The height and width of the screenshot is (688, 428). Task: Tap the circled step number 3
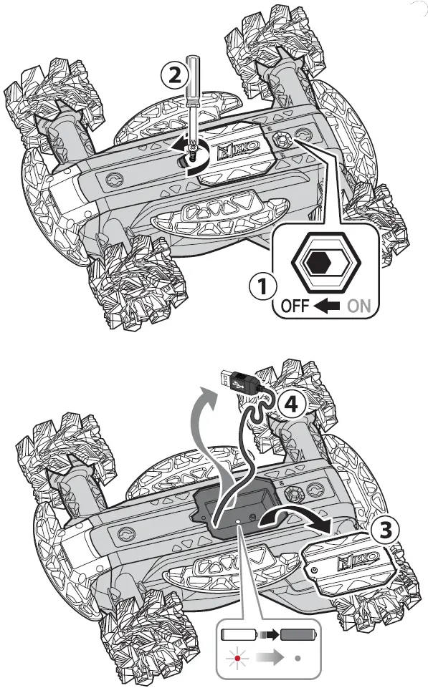386,529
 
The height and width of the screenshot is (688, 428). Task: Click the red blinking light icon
233,657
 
